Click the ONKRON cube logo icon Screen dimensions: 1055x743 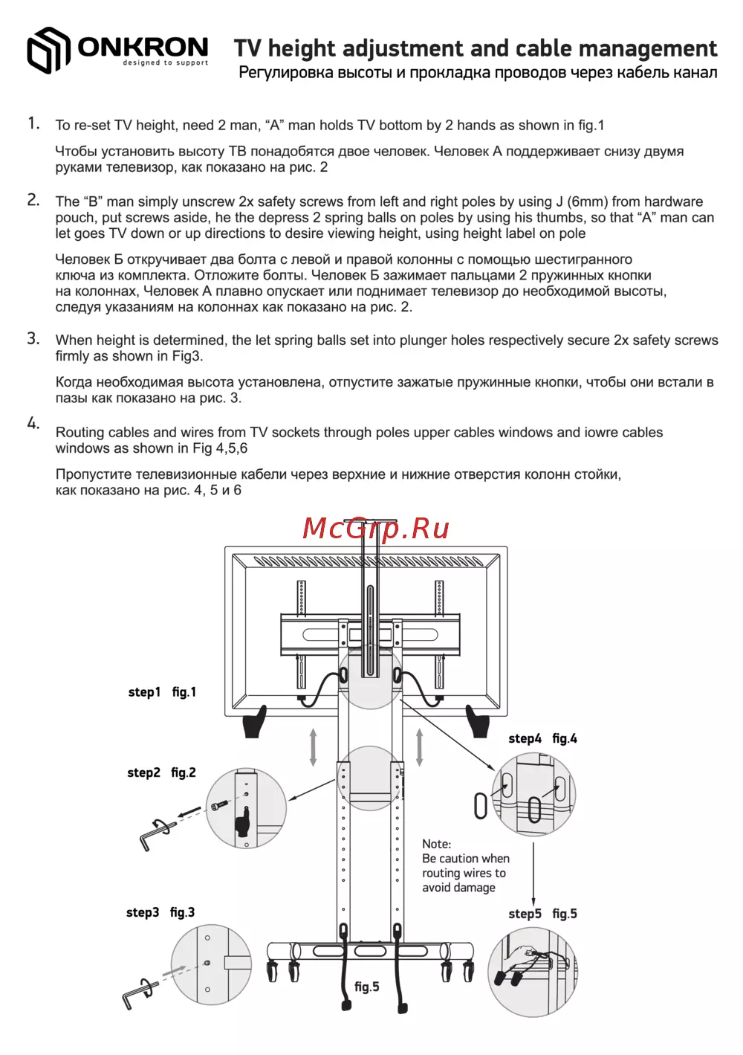point(48,51)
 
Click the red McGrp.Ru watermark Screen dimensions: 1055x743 point(376,529)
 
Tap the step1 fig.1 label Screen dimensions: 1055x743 point(162,692)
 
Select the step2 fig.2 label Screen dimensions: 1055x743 point(161,772)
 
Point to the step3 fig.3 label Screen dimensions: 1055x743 point(160,912)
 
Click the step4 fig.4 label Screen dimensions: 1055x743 point(542,738)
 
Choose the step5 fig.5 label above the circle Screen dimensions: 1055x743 point(542,914)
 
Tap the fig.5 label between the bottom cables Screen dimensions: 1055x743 point(366,987)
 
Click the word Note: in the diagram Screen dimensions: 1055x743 point(436,844)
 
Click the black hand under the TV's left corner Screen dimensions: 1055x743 point(254,721)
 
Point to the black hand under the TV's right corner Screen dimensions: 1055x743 point(478,721)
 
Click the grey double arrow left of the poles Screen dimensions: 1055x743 point(314,747)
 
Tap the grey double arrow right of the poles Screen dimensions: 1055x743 point(420,747)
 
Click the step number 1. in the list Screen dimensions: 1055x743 point(33,123)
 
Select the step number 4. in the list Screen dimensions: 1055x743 point(33,423)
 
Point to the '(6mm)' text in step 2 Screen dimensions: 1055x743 point(585,201)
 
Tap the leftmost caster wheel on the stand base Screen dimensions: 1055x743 point(273,969)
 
